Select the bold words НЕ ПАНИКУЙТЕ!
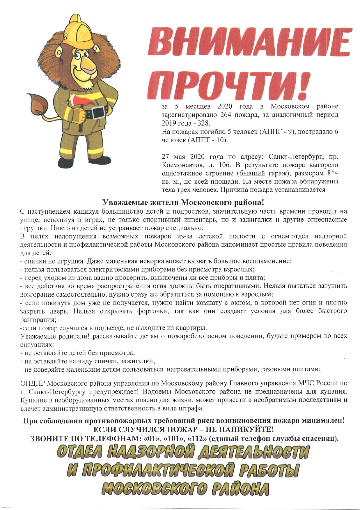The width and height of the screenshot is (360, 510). coord(242,429)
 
